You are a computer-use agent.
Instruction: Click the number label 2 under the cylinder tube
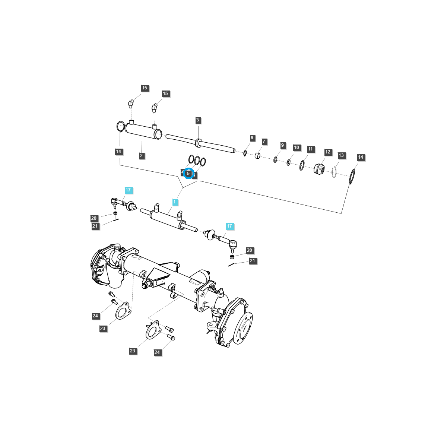[142, 156]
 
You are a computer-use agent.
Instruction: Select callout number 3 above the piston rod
[198, 120]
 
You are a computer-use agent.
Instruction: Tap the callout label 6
[252, 138]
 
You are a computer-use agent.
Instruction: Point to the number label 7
[264, 142]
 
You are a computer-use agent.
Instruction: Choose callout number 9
[282, 145]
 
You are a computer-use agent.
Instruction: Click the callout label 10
[297, 148]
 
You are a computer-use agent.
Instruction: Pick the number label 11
[311, 149]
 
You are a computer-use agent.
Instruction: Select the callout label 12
[328, 152]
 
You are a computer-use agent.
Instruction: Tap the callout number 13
[342, 155]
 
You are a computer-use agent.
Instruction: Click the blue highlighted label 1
[175, 202]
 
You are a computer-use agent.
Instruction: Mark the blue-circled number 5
[189, 173]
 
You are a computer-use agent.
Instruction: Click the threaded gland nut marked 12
[319, 169]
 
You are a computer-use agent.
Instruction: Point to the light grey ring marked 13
[334, 172]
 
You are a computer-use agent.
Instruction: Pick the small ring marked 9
[275, 159]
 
